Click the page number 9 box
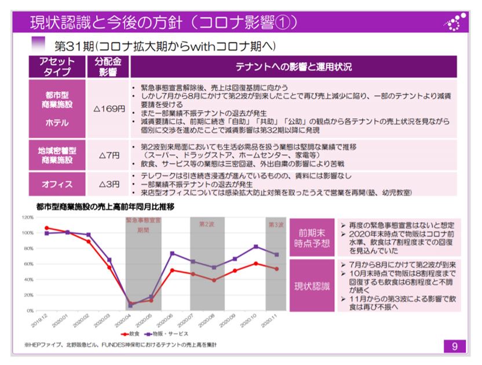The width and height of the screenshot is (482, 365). [x=455, y=346]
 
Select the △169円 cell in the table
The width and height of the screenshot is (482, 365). [x=108, y=109]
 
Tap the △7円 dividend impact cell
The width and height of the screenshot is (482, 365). [x=108, y=155]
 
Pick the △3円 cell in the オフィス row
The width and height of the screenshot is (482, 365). [x=108, y=184]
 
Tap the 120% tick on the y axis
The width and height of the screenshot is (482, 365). [x=28, y=217]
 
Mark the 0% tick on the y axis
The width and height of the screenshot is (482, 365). [x=30, y=310]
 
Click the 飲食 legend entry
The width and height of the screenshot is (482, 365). [x=130, y=335]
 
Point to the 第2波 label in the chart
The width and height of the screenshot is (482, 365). [x=207, y=223]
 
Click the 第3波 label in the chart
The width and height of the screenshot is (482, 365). [x=276, y=223]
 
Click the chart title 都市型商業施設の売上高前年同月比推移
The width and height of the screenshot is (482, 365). [x=105, y=206]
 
